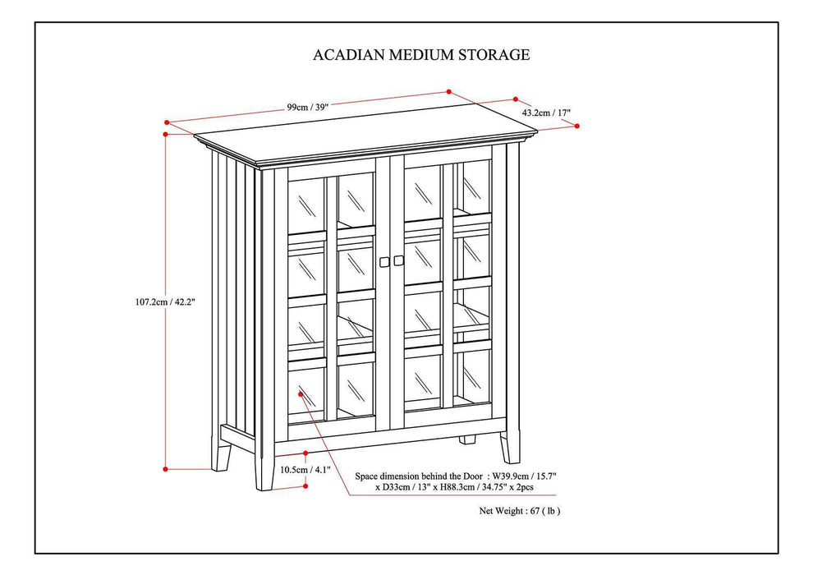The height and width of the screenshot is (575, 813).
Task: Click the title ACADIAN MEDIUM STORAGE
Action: click(421, 55)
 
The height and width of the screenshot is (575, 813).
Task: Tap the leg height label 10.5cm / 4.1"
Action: click(305, 470)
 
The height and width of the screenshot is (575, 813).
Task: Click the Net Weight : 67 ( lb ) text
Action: click(520, 510)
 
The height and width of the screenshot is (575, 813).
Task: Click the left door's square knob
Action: click(384, 261)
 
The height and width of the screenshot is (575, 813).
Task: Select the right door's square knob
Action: click(399, 261)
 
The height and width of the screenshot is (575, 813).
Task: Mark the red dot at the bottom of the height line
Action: click(166, 469)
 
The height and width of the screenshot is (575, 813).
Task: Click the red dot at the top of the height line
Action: click(166, 132)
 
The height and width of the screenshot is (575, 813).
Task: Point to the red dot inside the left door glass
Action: click(301, 394)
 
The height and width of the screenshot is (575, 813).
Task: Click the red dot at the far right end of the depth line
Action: click(577, 126)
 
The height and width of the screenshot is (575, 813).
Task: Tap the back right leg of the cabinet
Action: click(467, 439)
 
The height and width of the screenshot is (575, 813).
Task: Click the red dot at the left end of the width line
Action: click(167, 123)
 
